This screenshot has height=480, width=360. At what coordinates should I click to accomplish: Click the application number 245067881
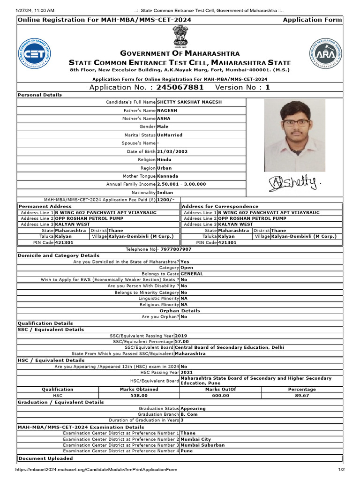180,87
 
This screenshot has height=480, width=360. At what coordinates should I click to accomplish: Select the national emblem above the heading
180,37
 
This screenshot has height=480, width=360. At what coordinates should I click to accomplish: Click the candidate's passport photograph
294,135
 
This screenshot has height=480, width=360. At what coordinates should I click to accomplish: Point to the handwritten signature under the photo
295,183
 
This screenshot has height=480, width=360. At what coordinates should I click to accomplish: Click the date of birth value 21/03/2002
172,152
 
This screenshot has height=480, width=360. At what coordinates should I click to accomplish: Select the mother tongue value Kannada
167,176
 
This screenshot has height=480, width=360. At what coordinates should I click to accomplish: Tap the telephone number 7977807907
176,249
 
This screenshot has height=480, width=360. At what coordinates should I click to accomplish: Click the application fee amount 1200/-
166,200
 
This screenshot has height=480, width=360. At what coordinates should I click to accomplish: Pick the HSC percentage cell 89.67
302,396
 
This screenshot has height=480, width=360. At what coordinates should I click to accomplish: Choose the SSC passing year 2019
181,336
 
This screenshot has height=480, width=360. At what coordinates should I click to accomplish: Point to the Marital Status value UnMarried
170,135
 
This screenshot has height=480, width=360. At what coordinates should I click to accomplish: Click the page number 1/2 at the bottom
341,470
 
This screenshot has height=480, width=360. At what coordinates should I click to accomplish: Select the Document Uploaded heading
45,458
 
